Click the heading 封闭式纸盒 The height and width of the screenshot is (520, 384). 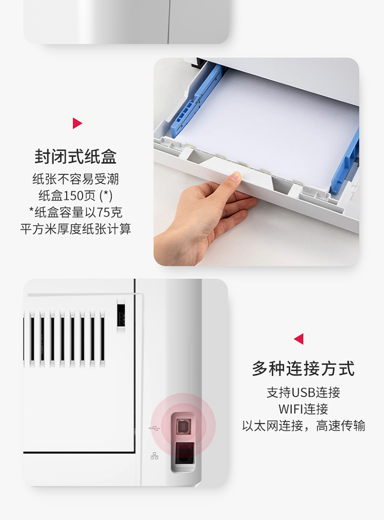coord(76,157)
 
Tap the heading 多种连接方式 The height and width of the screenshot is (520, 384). coord(303,369)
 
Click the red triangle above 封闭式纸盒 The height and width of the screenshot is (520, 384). coord(77,123)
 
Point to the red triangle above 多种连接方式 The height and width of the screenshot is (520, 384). coord(298,339)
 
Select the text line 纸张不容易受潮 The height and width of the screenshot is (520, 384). coord(76,179)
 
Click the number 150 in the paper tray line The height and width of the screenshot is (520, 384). coord(73,196)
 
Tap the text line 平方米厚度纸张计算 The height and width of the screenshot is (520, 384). coord(76,229)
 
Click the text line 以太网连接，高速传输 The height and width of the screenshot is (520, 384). coord(303,426)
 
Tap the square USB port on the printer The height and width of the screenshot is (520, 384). coord(183,426)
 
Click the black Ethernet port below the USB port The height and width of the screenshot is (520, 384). coord(184,453)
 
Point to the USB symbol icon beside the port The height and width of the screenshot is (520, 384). coord(154,428)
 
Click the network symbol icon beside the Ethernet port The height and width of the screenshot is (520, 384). coord(154,456)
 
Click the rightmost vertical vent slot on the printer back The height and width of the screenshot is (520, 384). coord(102,339)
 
